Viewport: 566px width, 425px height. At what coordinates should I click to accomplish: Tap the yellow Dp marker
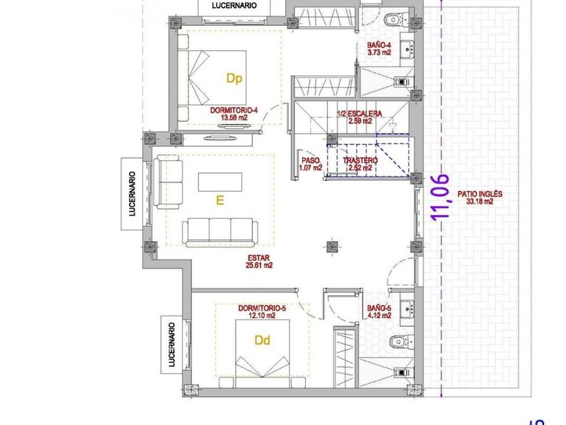[x=234, y=77]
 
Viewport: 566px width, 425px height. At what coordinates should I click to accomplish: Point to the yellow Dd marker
[x=262, y=341]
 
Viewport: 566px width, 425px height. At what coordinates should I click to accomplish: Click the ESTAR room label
[x=259, y=258]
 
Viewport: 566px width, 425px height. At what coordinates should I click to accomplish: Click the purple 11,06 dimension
[x=440, y=196]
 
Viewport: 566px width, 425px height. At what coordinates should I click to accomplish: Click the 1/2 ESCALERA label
[x=359, y=114]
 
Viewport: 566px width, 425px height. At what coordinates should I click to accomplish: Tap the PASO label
[x=312, y=161]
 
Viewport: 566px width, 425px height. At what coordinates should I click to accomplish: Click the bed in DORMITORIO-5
[x=262, y=354]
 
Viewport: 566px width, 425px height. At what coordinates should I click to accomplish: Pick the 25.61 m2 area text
[x=259, y=265]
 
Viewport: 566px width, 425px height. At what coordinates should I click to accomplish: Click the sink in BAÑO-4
[x=408, y=50]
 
